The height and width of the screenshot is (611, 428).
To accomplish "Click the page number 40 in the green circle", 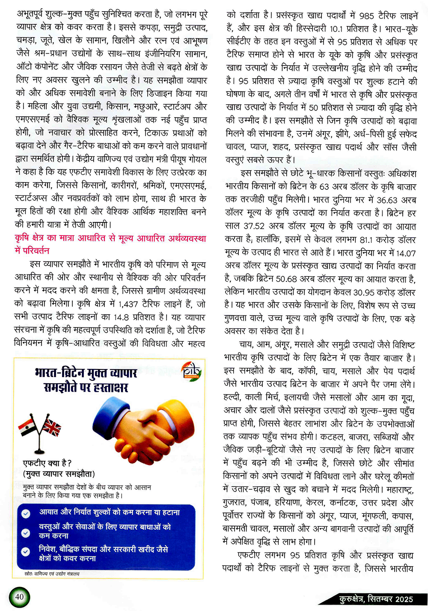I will [x=19, y=596].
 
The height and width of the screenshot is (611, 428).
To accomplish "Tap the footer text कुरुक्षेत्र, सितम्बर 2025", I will [x=376, y=599].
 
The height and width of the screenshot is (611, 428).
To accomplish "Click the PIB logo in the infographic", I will [x=191, y=371].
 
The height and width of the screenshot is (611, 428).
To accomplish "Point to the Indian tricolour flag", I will [x=27, y=426].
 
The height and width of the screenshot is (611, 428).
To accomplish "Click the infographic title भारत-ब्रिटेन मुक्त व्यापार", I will [x=86, y=373].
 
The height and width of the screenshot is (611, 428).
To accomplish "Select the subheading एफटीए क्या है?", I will [x=47, y=463].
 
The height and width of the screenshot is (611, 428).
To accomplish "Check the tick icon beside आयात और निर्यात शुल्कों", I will [x=26, y=513].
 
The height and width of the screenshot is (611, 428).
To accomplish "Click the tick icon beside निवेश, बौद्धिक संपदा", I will [x=26, y=552].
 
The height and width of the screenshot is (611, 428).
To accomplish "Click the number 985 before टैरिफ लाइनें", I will [x=366, y=16].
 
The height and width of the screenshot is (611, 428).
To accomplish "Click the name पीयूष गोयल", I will [x=189, y=159].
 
